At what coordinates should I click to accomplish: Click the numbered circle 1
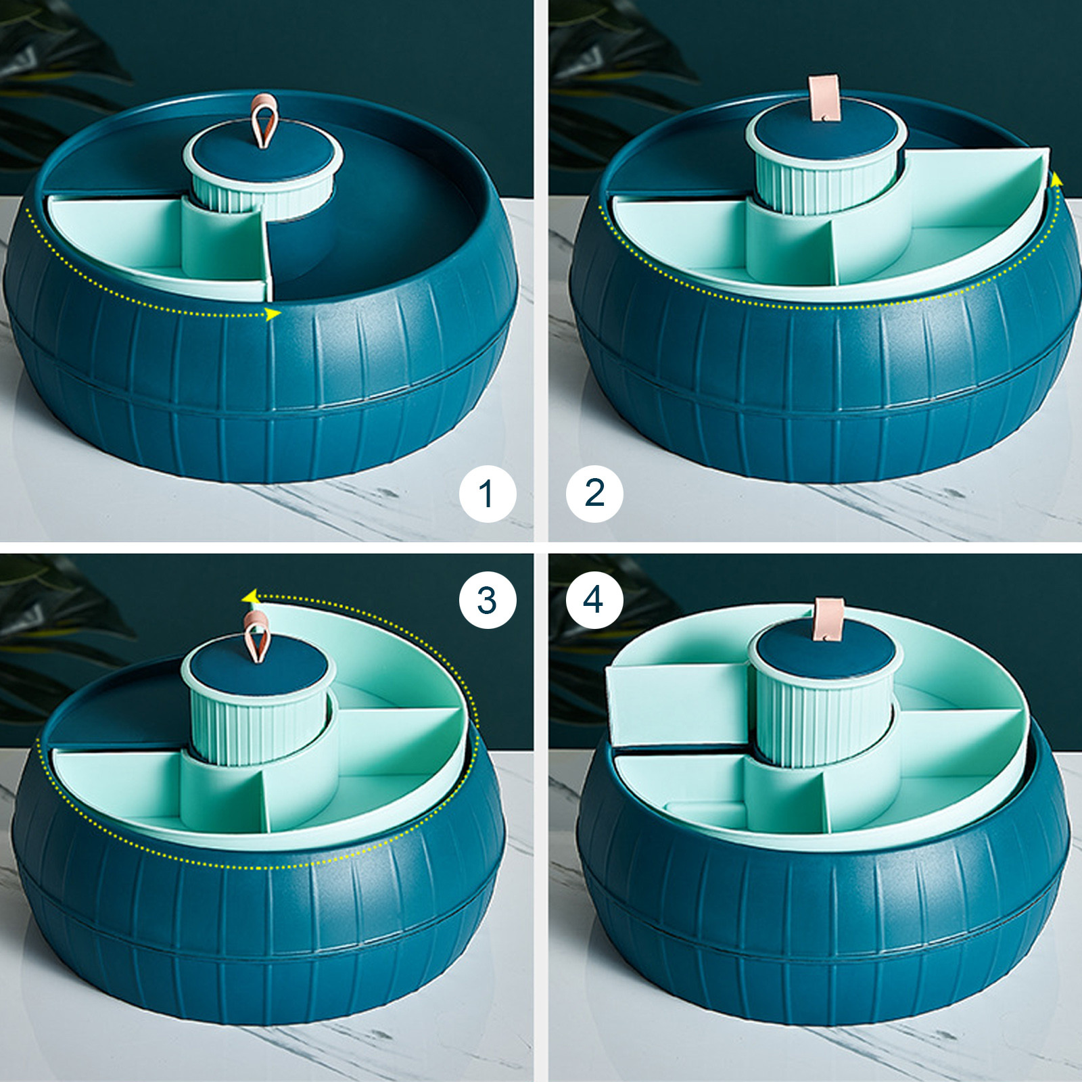[487, 493]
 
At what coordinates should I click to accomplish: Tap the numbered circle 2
[594, 493]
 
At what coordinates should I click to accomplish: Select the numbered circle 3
[487, 600]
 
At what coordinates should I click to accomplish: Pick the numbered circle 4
[594, 600]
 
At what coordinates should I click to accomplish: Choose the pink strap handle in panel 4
[830, 619]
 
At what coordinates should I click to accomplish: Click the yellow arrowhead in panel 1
[273, 314]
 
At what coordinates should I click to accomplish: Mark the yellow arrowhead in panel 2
[1055, 179]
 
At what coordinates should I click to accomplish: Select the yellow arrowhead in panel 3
[250, 596]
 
